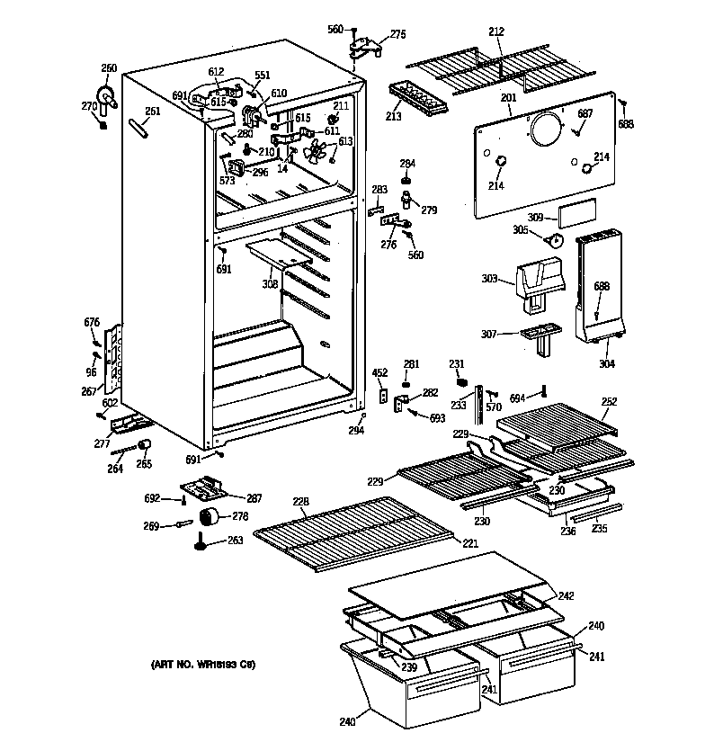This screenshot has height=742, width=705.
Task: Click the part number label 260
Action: pos(109,68)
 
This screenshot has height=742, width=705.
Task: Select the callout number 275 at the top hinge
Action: pos(397,34)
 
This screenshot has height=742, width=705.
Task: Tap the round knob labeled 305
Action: pos(555,239)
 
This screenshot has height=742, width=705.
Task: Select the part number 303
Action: pos(489,280)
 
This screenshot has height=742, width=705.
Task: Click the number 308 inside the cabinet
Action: pos(269,285)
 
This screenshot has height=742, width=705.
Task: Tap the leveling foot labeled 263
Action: pos(201,542)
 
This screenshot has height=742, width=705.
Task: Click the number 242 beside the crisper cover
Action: pos(566,595)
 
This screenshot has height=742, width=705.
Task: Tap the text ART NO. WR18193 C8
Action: pos(203,665)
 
